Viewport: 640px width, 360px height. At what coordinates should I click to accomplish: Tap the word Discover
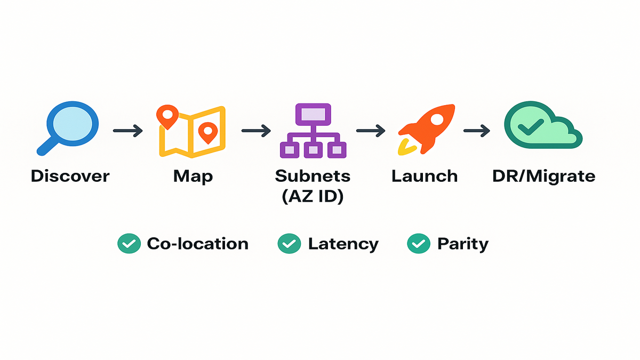[70, 175]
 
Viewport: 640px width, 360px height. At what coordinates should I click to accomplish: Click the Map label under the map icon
[193, 175]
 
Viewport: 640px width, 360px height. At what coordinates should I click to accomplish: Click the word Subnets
[313, 175]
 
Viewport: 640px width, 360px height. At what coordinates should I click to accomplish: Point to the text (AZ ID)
[313, 196]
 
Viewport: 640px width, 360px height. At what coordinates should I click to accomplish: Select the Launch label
[425, 175]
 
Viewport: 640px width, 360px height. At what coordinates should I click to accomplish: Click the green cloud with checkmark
[541, 127]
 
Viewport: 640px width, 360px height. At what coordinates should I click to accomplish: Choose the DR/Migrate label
[543, 175]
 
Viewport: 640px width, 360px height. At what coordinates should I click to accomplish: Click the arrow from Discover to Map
[128, 131]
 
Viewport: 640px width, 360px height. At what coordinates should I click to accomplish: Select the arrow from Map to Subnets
[257, 131]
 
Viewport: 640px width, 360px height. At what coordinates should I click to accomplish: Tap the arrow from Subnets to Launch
[371, 131]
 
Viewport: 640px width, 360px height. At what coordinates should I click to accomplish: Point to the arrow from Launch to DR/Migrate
[477, 131]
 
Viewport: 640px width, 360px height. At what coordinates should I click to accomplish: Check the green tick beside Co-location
[129, 244]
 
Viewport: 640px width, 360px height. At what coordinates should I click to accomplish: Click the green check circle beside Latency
[289, 244]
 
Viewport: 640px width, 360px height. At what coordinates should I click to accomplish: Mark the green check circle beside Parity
[418, 244]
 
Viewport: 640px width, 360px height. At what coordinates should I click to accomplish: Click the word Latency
[343, 244]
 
